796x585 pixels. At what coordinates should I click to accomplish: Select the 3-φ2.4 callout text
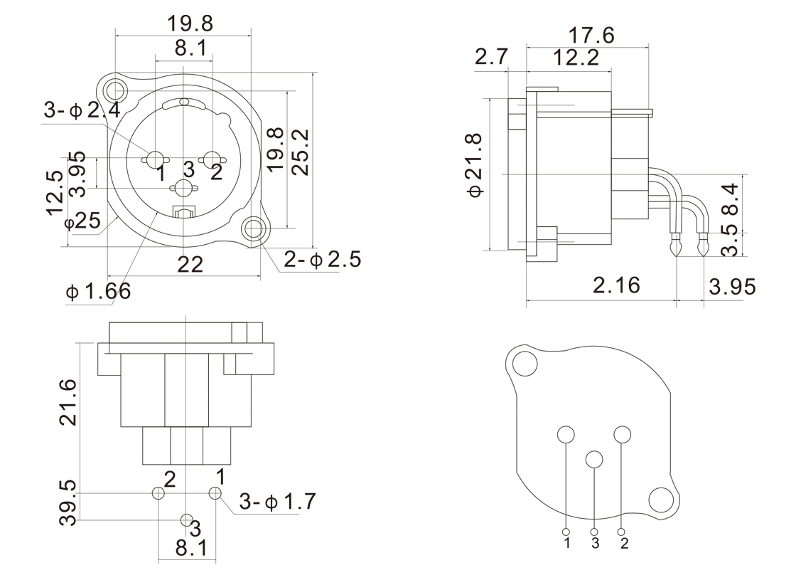(x=82, y=110)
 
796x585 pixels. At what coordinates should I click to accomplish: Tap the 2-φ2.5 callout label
(x=322, y=259)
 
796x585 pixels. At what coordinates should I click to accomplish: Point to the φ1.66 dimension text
(x=98, y=292)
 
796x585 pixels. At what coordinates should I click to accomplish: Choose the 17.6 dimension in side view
(x=591, y=34)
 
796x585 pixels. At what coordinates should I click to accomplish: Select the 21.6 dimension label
(x=68, y=403)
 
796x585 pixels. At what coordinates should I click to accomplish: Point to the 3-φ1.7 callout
(x=276, y=502)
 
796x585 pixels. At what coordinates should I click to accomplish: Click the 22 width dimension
(x=190, y=265)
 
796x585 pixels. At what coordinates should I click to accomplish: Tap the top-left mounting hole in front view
(x=114, y=90)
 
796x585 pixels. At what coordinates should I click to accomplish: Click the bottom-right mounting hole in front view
(x=254, y=229)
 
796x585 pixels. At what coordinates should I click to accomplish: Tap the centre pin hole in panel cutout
(x=595, y=460)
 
